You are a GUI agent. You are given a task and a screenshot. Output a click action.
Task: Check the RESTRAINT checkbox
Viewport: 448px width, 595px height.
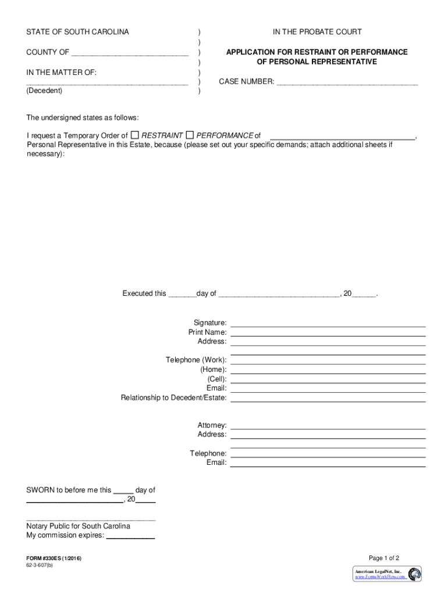click(x=134, y=135)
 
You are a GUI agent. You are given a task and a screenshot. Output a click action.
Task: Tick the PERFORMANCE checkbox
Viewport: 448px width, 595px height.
click(x=190, y=135)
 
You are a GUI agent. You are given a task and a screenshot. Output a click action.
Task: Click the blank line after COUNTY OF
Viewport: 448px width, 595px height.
click(x=129, y=53)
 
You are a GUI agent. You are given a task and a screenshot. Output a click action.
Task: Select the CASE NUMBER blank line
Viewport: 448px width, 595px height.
click(x=347, y=83)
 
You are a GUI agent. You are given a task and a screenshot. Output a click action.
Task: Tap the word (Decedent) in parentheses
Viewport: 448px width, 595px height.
click(x=44, y=91)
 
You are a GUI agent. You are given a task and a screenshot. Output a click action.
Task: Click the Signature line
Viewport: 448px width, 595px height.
click(x=328, y=324)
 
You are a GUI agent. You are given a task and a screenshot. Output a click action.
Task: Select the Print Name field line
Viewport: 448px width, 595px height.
click(x=328, y=334)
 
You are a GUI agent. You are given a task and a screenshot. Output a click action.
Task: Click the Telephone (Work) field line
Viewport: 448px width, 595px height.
click(x=328, y=361)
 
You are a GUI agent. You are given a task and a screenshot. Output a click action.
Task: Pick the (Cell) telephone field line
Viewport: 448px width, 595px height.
click(x=328, y=380)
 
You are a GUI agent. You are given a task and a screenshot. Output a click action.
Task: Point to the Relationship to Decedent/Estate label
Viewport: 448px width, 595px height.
click(x=173, y=398)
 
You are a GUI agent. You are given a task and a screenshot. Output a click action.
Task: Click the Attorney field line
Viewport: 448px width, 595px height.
click(x=328, y=427)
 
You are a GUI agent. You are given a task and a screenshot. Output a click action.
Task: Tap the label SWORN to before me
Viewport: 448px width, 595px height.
click(x=69, y=490)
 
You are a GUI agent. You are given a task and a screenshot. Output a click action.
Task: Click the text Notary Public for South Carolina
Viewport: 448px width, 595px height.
click(x=78, y=526)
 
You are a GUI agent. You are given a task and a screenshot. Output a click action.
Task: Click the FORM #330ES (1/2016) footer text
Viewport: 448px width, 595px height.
click(x=54, y=558)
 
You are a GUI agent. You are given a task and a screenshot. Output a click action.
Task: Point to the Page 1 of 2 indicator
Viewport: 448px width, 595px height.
click(x=380, y=557)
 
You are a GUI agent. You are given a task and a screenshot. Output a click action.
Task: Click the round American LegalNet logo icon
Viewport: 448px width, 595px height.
click(x=415, y=574)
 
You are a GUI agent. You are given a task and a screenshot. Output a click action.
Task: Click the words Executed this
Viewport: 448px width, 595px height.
click(x=144, y=293)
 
